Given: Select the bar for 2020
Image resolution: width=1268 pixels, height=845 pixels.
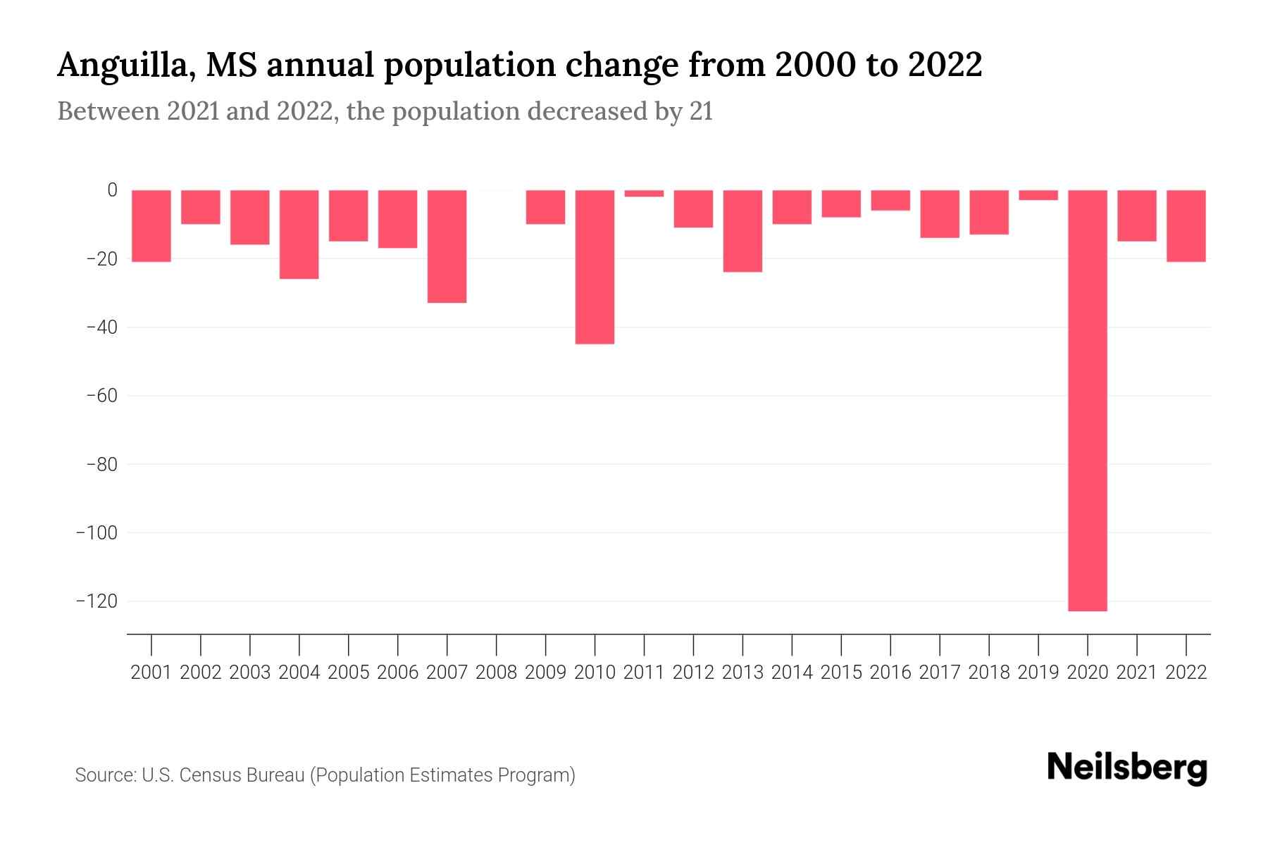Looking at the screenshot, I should (1087, 400).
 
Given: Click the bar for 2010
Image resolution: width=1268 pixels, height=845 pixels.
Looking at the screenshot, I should (595, 267).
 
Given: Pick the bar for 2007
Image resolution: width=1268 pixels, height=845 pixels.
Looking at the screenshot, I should (447, 246).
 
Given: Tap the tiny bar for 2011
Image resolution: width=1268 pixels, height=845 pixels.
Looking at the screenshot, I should (644, 194).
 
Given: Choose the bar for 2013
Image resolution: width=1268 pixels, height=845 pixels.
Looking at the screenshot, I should (742, 231).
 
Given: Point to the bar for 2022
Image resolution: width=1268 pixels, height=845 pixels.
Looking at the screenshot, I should (1186, 226).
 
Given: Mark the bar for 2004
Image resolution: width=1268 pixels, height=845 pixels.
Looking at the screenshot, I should (299, 234).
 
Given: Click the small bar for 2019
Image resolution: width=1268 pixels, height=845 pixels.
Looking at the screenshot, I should (1038, 195).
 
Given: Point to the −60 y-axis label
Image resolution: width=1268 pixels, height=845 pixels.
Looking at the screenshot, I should (101, 396).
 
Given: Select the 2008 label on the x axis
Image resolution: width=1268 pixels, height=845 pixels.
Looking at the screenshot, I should (496, 672).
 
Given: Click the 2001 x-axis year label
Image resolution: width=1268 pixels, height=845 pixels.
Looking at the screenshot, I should (151, 672).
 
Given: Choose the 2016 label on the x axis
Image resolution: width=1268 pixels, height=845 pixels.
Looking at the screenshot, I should (890, 672).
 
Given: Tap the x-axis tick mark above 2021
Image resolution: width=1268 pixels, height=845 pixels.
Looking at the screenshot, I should (1136, 644).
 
